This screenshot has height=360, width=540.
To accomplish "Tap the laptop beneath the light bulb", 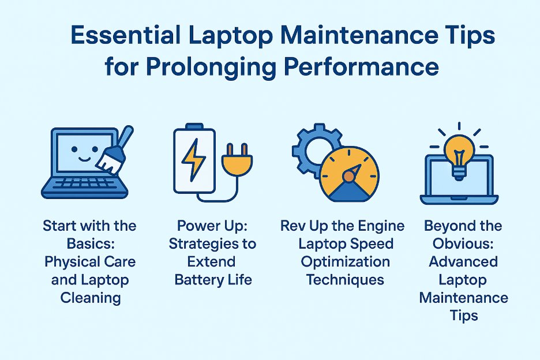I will pyautogui.click(x=459, y=182).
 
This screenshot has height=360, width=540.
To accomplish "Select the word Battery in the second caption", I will pyautogui.click(x=196, y=280).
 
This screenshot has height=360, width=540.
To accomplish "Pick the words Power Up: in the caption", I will pyautogui.click(x=212, y=226).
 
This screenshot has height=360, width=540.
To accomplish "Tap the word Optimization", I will pyautogui.click(x=344, y=261).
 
